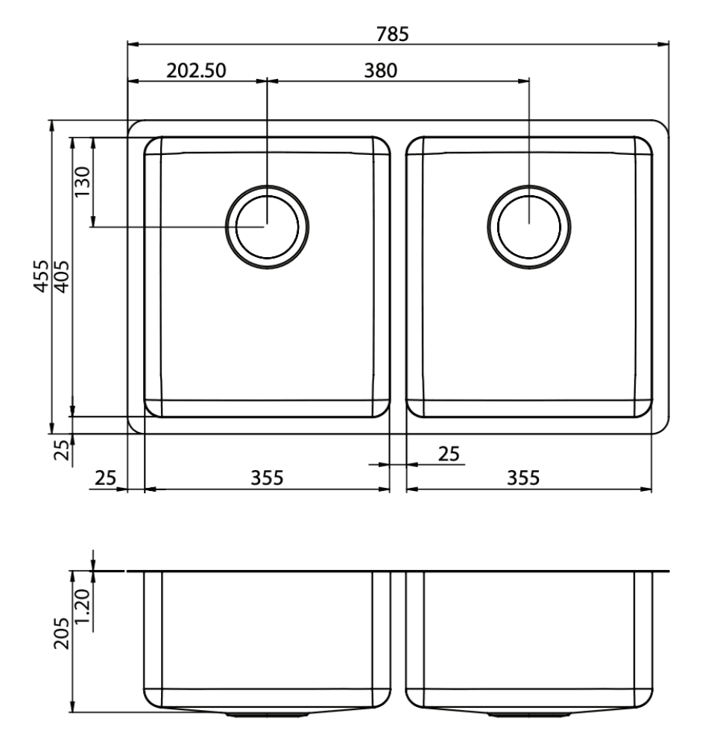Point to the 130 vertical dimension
point(82,181)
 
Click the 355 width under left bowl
point(267,478)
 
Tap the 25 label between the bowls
point(448,453)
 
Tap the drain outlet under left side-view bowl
point(267,714)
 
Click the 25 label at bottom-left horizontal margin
point(106,478)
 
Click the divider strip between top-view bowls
point(398,276)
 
